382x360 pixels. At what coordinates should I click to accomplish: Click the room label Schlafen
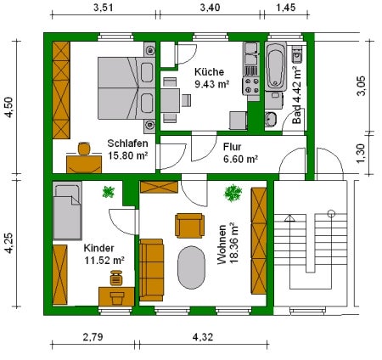[x=127, y=143]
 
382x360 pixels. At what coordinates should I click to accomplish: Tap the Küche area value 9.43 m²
[x=211, y=84]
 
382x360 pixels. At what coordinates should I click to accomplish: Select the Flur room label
[x=233, y=147]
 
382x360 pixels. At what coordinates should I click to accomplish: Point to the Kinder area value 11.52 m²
[x=104, y=260]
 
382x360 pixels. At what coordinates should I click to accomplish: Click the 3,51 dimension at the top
[x=104, y=8]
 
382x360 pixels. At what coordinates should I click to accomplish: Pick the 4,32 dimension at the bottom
[x=203, y=337]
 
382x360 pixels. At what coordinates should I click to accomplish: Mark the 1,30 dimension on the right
[x=362, y=154]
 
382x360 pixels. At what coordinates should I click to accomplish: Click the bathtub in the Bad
[x=276, y=66]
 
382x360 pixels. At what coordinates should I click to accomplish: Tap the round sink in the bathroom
[x=271, y=119]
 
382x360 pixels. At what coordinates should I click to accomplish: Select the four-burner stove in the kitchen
[x=251, y=86]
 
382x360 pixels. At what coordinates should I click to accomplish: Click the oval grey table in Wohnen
[x=191, y=267]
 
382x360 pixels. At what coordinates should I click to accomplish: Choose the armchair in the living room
[x=189, y=226]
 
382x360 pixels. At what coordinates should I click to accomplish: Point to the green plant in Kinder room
[x=109, y=192]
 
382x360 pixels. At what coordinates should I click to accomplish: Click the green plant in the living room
[x=233, y=194]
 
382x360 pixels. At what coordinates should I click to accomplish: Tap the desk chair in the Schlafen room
[x=84, y=149]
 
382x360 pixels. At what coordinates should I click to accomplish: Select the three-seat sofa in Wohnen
[x=151, y=270]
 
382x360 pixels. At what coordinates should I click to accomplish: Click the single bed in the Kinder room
[x=67, y=211]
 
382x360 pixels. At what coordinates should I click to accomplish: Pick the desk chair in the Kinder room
[x=116, y=278]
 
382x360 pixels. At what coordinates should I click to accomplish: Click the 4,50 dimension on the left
[x=9, y=107]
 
